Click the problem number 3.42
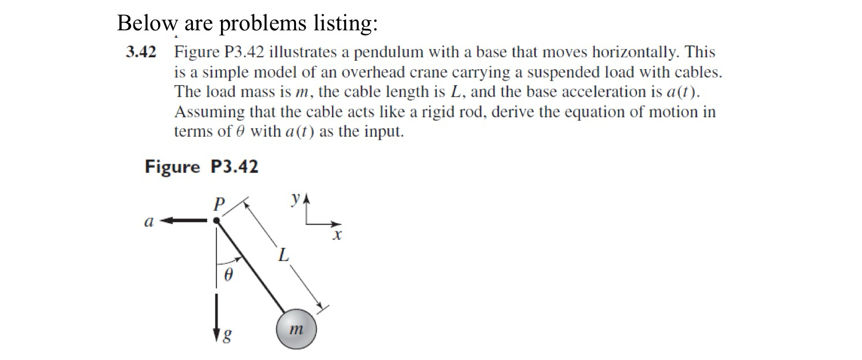click(141, 53)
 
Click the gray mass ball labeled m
click(296, 329)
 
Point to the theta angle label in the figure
click(228, 276)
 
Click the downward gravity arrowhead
click(216, 335)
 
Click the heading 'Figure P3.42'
click(201, 167)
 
